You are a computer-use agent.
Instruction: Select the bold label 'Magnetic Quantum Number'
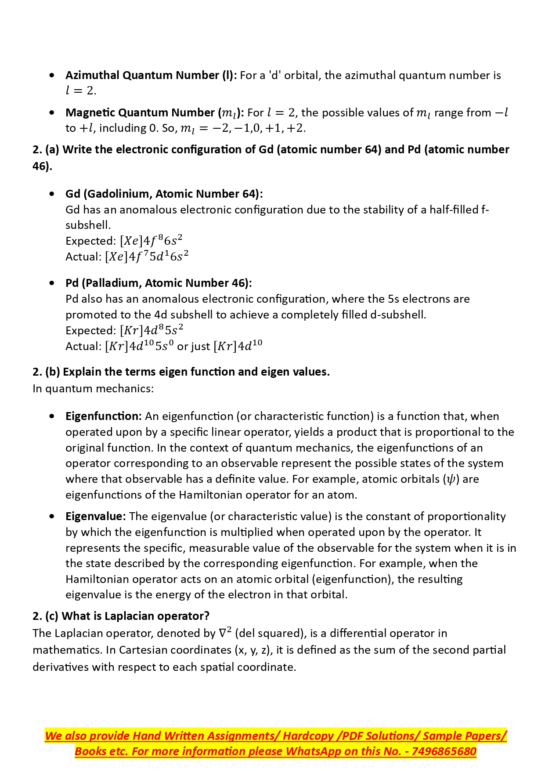point(140,113)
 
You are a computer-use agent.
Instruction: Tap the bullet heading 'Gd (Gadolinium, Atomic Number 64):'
point(164,194)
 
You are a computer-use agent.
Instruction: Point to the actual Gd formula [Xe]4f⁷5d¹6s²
point(146,257)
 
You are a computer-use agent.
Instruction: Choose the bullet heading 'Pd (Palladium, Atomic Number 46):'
point(159,283)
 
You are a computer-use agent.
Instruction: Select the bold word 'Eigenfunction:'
point(104,416)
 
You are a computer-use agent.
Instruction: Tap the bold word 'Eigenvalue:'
point(96,516)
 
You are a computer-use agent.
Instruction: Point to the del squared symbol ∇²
point(225,633)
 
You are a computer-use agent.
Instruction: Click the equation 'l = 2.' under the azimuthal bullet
point(81,91)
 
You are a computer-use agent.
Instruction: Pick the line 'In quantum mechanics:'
point(93,389)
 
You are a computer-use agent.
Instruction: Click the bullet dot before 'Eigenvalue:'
point(52,516)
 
